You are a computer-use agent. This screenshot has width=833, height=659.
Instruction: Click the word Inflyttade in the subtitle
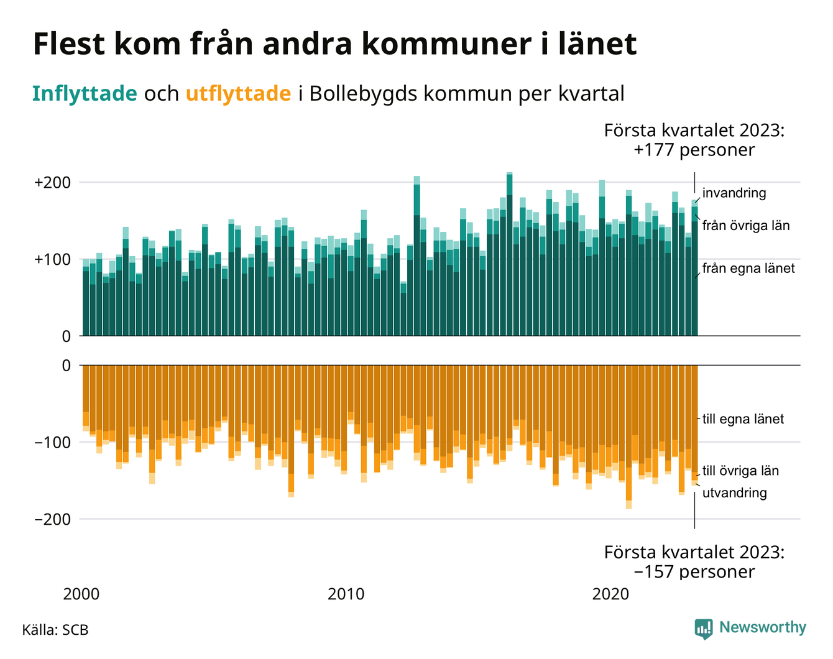pos(85,94)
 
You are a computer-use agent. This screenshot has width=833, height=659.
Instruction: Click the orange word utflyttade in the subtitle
pos(238,94)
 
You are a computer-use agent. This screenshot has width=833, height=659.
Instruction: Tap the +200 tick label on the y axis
pos(53,183)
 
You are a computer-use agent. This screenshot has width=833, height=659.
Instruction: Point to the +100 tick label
pos(53,259)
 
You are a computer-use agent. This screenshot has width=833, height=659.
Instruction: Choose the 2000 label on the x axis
pos(81,594)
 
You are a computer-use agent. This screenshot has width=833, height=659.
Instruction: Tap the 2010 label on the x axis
pos(346,594)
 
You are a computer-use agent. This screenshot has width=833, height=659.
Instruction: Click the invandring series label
pos(734,193)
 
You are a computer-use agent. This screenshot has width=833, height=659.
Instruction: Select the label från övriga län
pos(746,226)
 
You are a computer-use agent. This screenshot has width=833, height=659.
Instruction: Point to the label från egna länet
pos(748,269)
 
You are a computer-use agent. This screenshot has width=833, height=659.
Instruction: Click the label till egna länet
pos(743,419)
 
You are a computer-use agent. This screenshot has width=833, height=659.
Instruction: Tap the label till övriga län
pos(740,471)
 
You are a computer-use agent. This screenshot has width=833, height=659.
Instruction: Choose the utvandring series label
pos(734,493)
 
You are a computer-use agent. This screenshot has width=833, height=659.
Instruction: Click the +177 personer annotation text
pos(694,150)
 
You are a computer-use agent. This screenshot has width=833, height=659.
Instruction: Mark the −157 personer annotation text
pos(694,571)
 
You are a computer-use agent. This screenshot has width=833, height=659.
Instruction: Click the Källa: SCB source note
pos(55,630)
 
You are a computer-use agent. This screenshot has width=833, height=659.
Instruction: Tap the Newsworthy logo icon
pos(703,629)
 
